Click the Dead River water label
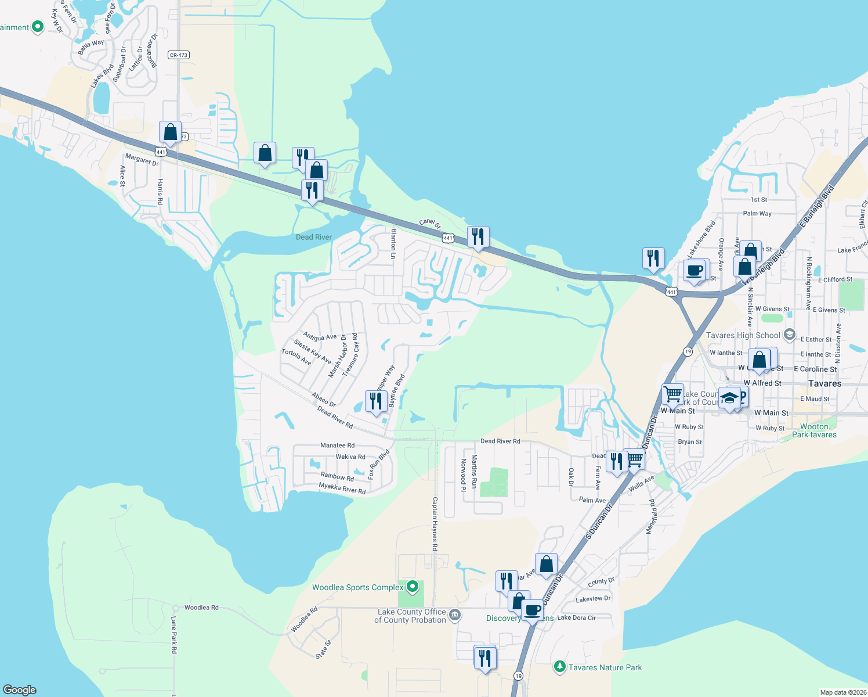coord(313,237)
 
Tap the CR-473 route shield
coord(179,55)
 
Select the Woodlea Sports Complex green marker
coord(412,587)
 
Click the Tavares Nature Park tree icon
coord(559,667)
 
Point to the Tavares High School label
coord(743,335)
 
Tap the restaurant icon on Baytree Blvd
coord(376,401)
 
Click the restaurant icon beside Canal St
coord(478,236)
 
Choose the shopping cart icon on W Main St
coord(672,394)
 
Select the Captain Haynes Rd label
coord(435,524)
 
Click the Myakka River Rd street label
coord(342,488)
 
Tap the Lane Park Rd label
coord(173,636)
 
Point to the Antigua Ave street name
coord(320,337)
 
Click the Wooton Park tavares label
coord(814,430)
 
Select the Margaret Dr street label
coord(142,159)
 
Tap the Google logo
coord(20,689)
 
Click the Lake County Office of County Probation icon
coord(455,615)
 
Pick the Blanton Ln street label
coord(393,244)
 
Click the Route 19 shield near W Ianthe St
coord(688,352)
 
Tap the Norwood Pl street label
coord(463,475)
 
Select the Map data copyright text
coord(841,692)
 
